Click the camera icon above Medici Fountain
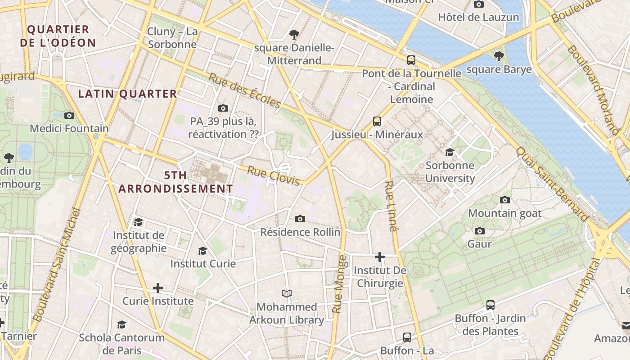pyautogui.click(x=69, y=115)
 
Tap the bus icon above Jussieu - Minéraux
pyautogui.click(x=377, y=121)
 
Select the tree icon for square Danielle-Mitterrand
pyautogui.click(x=294, y=34)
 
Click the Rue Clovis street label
pyautogui.click(x=274, y=175)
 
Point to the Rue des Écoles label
pyautogui.click(x=244, y=90)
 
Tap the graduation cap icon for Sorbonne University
pyautogui.click(x=450, y=152)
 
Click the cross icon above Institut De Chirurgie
pyautogui.click(x=380, y=257)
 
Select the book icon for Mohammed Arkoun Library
pyautogui.click(x=287, y=294)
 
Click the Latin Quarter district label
pyautogui.click(x=128, y=94)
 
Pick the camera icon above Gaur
pyautogui.click(x=480, y=231)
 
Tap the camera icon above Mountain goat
pyautogui.click(x=505, y=200)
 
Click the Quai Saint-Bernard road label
pyautogui.click(x=552, y=184)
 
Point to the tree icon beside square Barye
pyautogui.click(x=499, y=56)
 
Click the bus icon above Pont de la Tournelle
pyautogui.click(x=411, y=60)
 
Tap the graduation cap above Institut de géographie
pyautogui.click(x=138, y=222)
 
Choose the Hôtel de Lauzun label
pyautogui.click(x=478, y=18)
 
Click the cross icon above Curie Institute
pyautogui.click(x=157, y=288)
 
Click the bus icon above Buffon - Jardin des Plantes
pyautogui.click(x=490, y=305)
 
